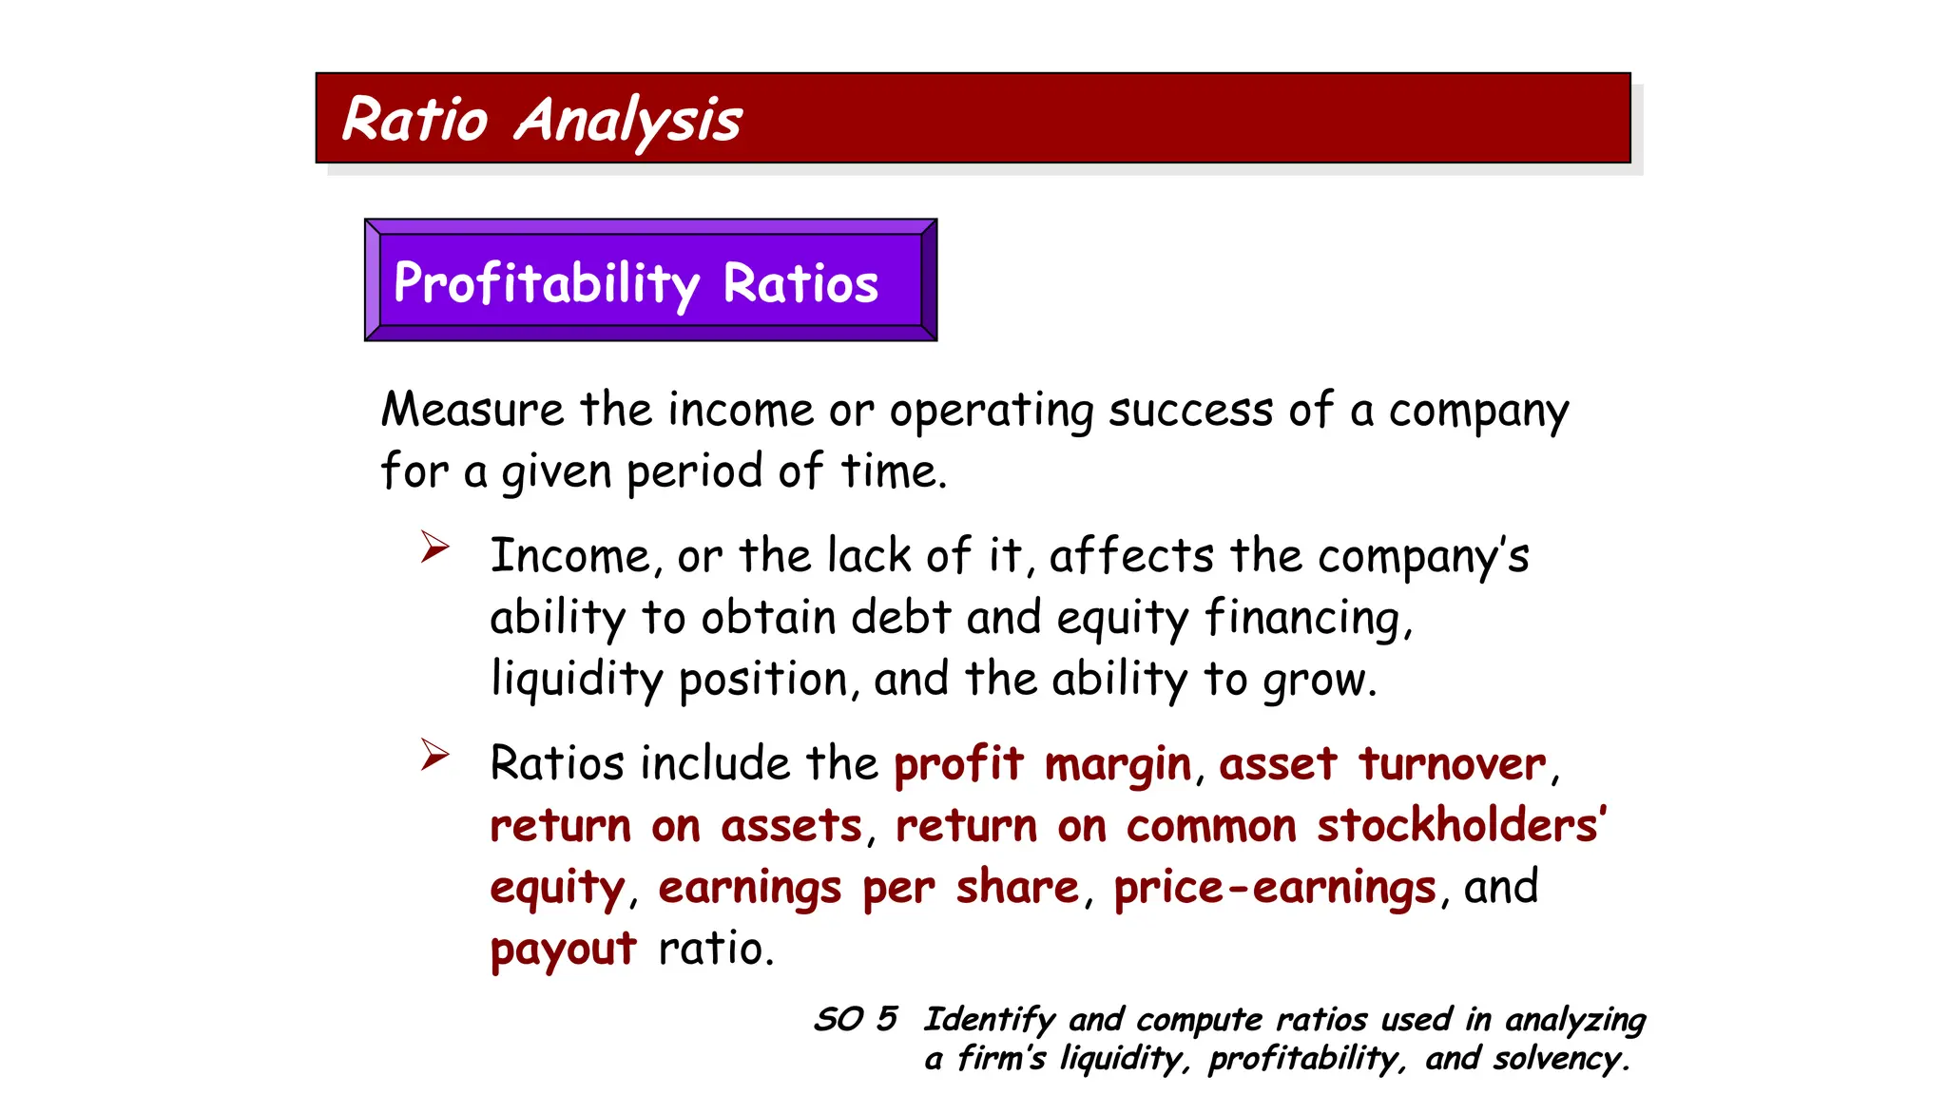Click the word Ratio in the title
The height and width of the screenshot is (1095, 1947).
[x=414, y=120]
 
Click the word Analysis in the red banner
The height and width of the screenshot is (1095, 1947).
[x=627, y=122]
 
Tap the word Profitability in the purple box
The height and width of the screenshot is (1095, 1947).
[x=547, y=283]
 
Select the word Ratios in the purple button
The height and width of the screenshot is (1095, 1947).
[x=800, y=283]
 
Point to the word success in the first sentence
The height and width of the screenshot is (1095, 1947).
[x=1190, y=411]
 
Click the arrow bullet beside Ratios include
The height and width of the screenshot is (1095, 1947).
[x=434, y=755]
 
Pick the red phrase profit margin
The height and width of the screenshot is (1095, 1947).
[x=1042, y=764]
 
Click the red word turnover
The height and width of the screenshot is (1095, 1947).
[x=1452, y=764]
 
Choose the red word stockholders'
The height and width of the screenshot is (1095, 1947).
[x=1460, y=825]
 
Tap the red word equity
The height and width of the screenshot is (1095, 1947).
[x=557, y=889]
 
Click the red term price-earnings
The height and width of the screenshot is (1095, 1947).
[x=1274, y=889]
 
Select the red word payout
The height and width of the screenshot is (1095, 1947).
[x=563, y=950]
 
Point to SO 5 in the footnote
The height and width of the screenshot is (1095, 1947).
[x=856, y=1019]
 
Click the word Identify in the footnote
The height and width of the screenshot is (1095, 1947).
[x=989, y=1020]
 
